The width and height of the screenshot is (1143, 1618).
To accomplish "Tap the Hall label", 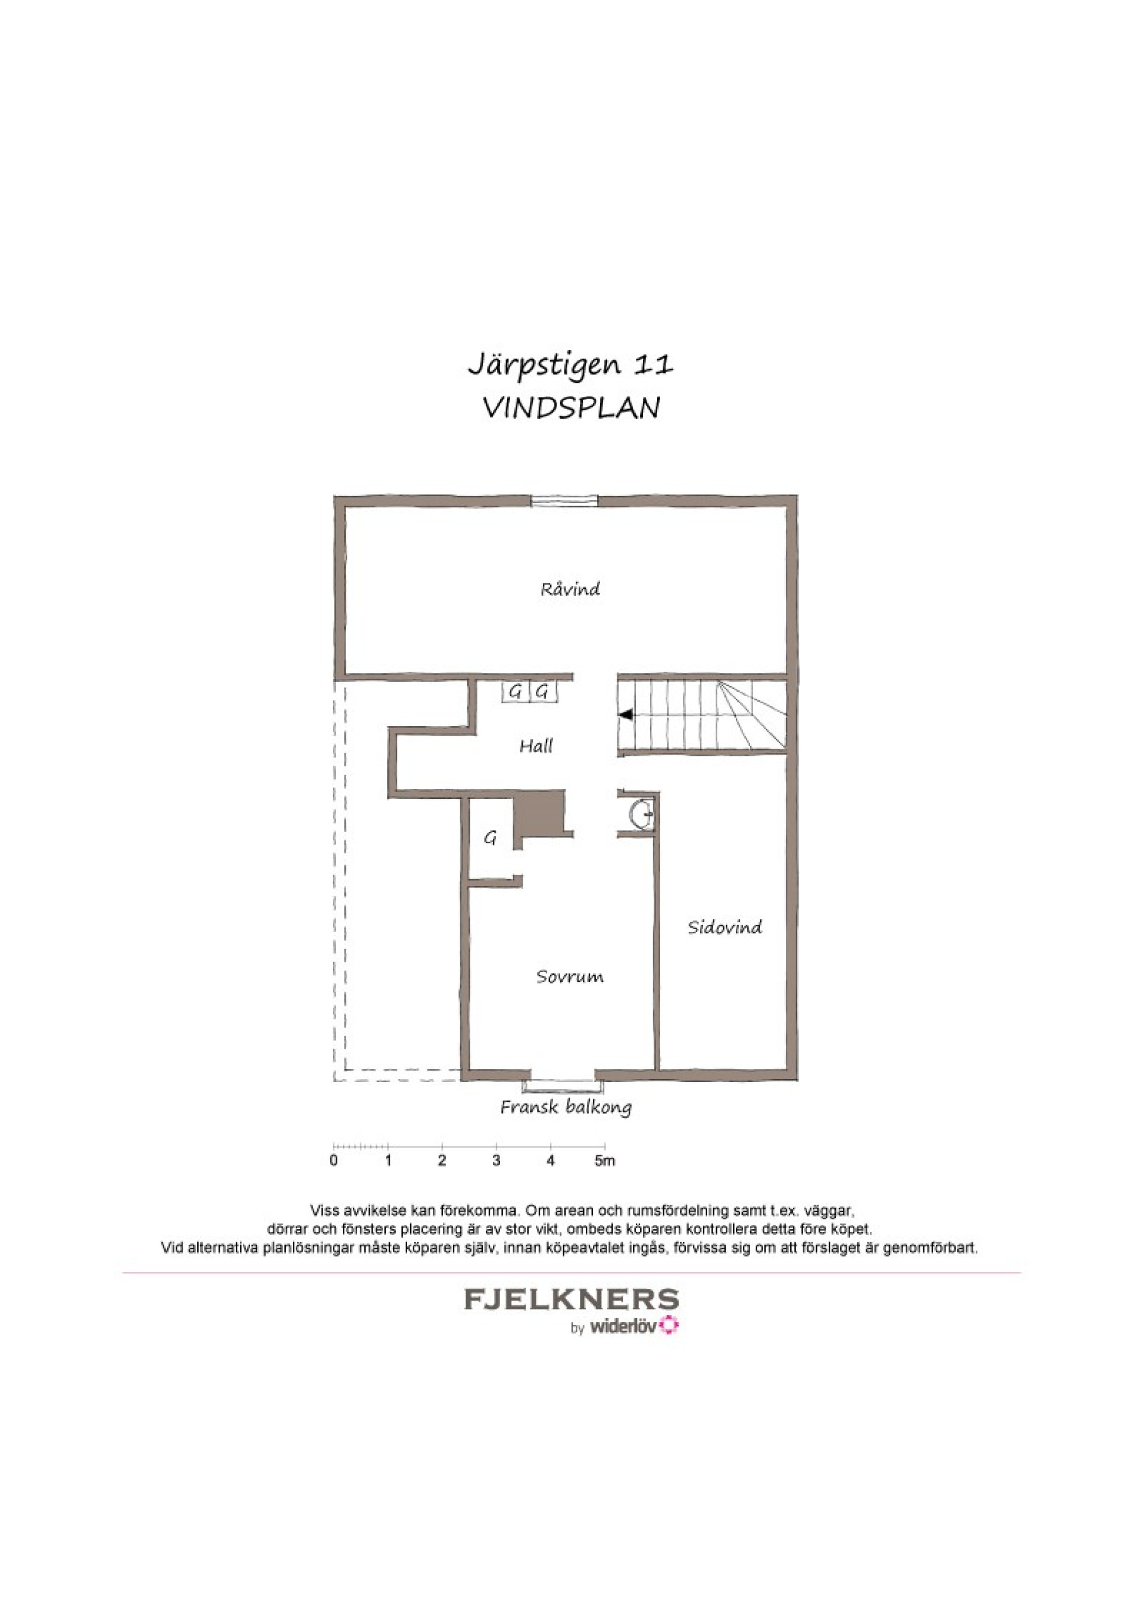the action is click(536, 746).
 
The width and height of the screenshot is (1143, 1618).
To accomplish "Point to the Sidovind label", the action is click(725, 927).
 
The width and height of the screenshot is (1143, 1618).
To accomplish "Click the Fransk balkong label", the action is click(566, 1106).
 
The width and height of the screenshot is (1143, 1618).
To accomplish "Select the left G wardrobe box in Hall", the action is click(516, 692).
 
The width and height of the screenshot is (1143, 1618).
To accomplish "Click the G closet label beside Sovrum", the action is click(491, 838).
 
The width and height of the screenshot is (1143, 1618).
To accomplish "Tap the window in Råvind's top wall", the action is click(564, 501).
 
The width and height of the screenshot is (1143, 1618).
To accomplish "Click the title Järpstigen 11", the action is click(571, 366).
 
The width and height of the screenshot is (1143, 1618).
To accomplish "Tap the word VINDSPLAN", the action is click(571, 408).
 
